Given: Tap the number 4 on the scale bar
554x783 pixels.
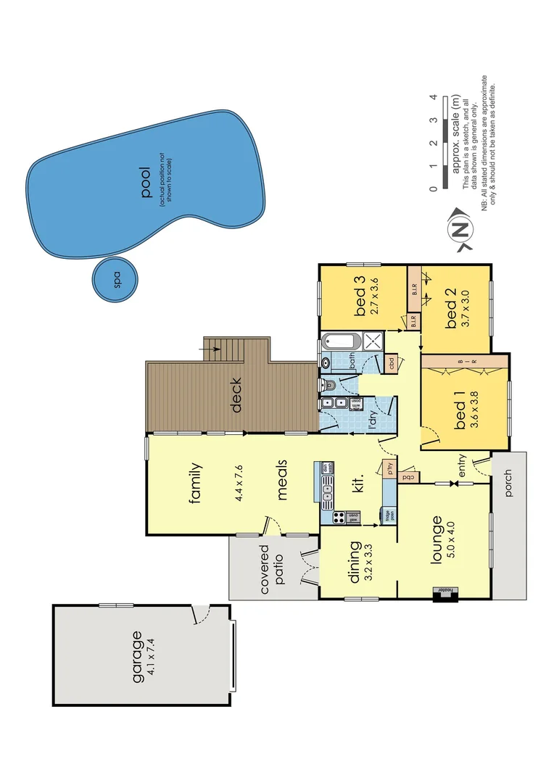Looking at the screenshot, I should (x=432, y=97).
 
